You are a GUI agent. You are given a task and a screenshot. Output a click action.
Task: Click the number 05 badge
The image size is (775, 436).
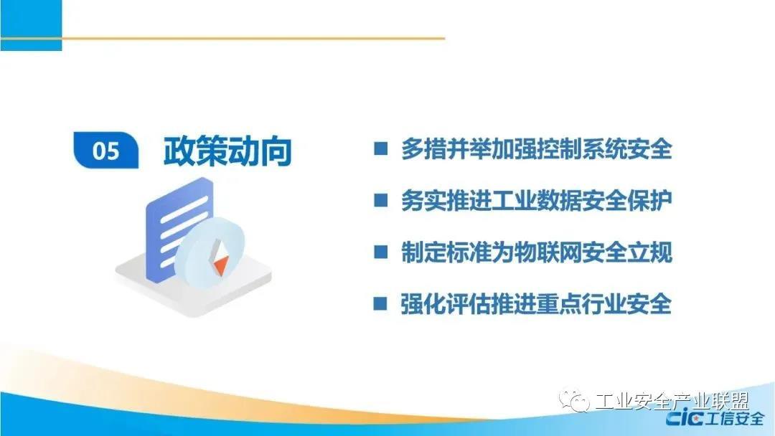(x=105, y=150)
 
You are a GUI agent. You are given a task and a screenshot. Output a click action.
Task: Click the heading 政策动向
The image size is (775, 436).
(x=227, y=151)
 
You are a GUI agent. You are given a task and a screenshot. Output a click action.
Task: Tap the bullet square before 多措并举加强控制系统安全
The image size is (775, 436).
(x=380, y=148)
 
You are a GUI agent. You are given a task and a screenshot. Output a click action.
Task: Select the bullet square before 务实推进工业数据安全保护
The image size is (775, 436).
(x=380, y=200)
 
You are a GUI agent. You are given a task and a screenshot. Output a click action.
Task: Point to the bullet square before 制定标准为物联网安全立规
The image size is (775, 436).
(x=380, y=252)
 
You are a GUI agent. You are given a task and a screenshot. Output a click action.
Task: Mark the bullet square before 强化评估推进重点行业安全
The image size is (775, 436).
(x=380, y=303)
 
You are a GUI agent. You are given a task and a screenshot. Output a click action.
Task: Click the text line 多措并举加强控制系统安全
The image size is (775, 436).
(x=536, y=148)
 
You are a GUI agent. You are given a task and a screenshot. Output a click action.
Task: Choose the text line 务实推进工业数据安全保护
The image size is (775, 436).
(x=536, y=200)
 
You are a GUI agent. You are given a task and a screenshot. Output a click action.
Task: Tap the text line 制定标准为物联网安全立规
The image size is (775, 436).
(x=536, y=252)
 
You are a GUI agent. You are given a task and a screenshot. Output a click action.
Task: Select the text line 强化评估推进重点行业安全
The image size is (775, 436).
(x=536, y=303)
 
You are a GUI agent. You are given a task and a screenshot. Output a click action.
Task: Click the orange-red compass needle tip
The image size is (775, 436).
(x=220, y=267)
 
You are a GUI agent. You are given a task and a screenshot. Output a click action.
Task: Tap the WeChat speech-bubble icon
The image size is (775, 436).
(x=574, y=400)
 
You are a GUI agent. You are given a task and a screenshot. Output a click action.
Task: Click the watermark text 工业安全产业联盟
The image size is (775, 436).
(x=672, y=401)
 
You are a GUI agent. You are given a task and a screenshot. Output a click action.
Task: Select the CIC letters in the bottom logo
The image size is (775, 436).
(x=685, y=419)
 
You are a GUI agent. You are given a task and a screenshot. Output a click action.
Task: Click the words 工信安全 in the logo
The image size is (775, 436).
(x=735, y=419)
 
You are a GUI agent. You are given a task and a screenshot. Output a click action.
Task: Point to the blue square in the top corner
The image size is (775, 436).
(x=31, y=25)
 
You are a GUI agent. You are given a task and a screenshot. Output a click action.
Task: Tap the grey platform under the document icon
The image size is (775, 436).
(x=194, y=286)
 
